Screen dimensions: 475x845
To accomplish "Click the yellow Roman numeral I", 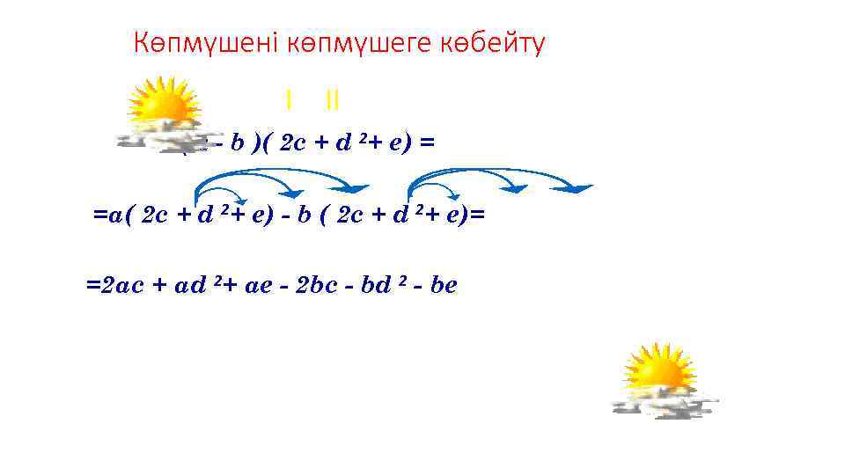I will [x=288, y=99].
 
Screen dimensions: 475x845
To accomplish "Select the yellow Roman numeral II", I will [x=332, y=99].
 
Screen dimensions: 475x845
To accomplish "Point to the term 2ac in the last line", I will [x=123, y=286].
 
